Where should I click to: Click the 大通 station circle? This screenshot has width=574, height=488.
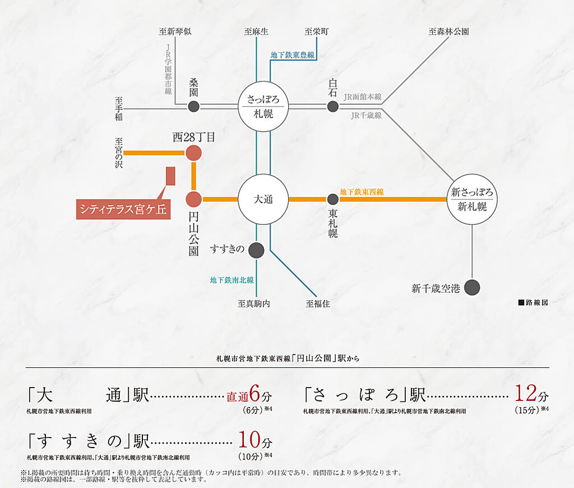[x=263, y=199]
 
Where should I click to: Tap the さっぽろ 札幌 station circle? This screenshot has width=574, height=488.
[x=263, y=106]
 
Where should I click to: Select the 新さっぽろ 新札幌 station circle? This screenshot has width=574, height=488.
[x=472, y=199]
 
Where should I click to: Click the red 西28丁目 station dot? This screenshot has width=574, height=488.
[x=193, y=153]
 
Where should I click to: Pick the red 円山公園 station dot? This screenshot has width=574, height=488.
[x=193, y=199]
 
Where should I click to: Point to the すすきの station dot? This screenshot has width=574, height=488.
[x=256, y=251]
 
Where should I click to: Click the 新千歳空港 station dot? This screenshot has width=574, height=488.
[x=472, y=288]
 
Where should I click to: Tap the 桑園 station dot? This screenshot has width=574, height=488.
[x=193, y=106]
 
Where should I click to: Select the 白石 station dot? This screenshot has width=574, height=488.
[x=332, y=106]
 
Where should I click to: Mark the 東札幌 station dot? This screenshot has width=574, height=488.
[x=332, y=199]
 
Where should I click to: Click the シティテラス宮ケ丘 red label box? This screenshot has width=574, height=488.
[x=123, y=209]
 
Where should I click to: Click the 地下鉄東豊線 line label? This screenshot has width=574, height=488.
[x=293, y=55]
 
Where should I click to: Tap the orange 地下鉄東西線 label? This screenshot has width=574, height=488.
[x=362, y=192]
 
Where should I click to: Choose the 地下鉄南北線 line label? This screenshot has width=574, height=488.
[x=232, y=280]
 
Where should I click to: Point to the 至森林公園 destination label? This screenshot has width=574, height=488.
[x=448, y=31]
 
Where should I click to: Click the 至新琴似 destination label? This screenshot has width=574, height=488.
[x=175, y=31]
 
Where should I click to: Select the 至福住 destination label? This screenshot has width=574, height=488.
[x=318, y=303]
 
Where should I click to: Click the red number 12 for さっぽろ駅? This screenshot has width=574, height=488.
[x=526, y=393]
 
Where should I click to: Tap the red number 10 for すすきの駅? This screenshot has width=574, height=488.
[x=249, y=440]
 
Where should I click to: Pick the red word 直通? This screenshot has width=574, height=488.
[x=237, y=397]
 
